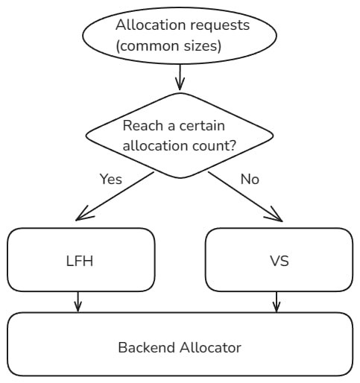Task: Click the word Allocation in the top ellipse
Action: point(151,25)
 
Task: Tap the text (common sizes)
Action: point(168,46)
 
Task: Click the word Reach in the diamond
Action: point(142,125)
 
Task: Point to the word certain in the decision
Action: point(202,126)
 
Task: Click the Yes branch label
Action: point(111,179)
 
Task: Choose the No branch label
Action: point(250,179)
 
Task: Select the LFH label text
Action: point(80,261)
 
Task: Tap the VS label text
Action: point(280,261)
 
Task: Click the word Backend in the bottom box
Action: point(147,347)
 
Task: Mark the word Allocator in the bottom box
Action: point(210,347)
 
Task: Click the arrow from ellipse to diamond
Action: point(180,77)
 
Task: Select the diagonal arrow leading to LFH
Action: point(115,196)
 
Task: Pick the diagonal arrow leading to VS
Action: point(245,197)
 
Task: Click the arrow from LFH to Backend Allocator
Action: point(78,302)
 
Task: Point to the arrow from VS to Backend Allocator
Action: point(277,302)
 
